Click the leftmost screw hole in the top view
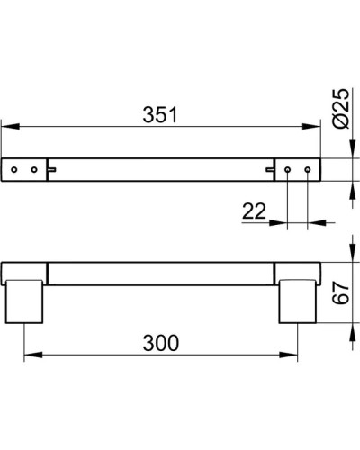15,168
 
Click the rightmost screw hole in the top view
308,168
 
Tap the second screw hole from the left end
35,168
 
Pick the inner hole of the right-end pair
288,168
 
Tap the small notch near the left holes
53,168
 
